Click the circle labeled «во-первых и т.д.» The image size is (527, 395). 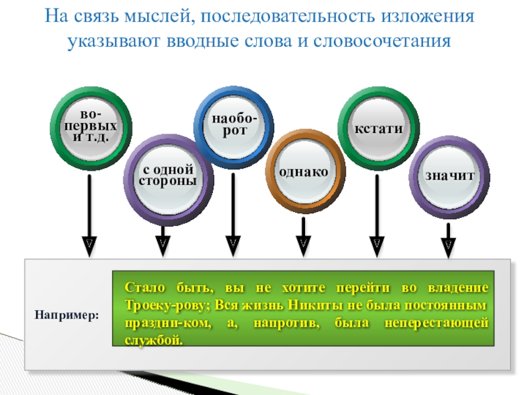pyautogui.click(x=90, y=125)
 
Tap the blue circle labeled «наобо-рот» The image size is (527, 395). pyautogui.click(x=234, y=125)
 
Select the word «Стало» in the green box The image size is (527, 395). pyautogui.click(x=142, y=290)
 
